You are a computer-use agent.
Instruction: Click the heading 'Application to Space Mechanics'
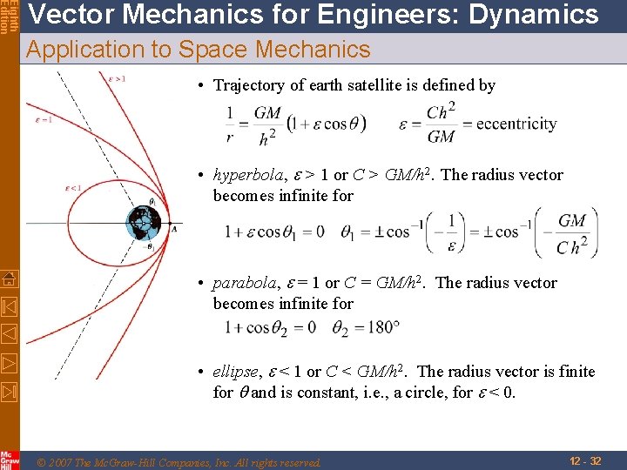(199, 50)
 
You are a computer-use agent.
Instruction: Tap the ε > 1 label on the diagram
(117, 78)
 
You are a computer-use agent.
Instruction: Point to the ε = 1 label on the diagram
(44, 120)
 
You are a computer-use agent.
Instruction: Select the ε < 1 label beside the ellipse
(74, 187)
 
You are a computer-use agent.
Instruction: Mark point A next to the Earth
(174, 228)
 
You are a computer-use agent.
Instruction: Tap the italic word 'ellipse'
(234, 372)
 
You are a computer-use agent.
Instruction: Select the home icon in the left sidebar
(9, 279)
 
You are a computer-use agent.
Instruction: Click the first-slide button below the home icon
(9, 306)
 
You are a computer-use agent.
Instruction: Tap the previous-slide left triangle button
(9, 333)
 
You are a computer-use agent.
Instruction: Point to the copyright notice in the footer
(179, 462)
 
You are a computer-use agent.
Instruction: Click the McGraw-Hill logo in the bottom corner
(9, 459)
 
